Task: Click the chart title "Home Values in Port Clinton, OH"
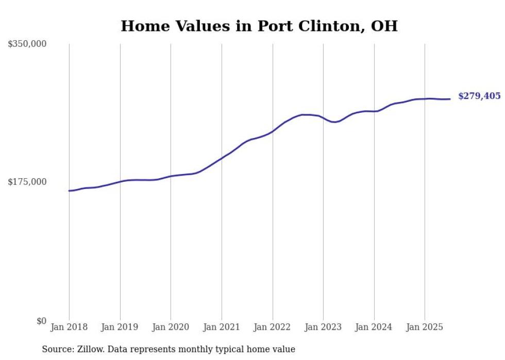pyautogui.click(x=259, y=26)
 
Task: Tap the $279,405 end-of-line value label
pyautogui.click(x=479, y=96)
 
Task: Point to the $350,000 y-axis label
pyautogui.click(x=27, y=44)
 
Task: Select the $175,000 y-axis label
pyautogui.click(x=27, y=182)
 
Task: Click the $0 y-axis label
pyautogui.click(x=41, y=321)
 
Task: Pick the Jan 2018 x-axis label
pyautogui.click(x=69, y=327)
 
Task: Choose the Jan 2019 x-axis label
pyautogui.click(x=120, y=327)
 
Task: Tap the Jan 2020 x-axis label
pyautogui.click(x=171, y=327)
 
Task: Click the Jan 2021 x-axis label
pyautogui.click(x=222, y=327)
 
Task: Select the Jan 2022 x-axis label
pyautogui.click(x=273, y=327)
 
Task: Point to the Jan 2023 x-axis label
pyautogui.click(x=323, y=327)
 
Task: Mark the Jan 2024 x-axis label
pyautogui.click(x=374, y=327)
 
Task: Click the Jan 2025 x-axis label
pyautogui.click(x=425, y=327)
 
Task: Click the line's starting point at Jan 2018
pyautogui.click(x=69, y=191)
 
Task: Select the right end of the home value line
pyautogui.click(x=450, y=99)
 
